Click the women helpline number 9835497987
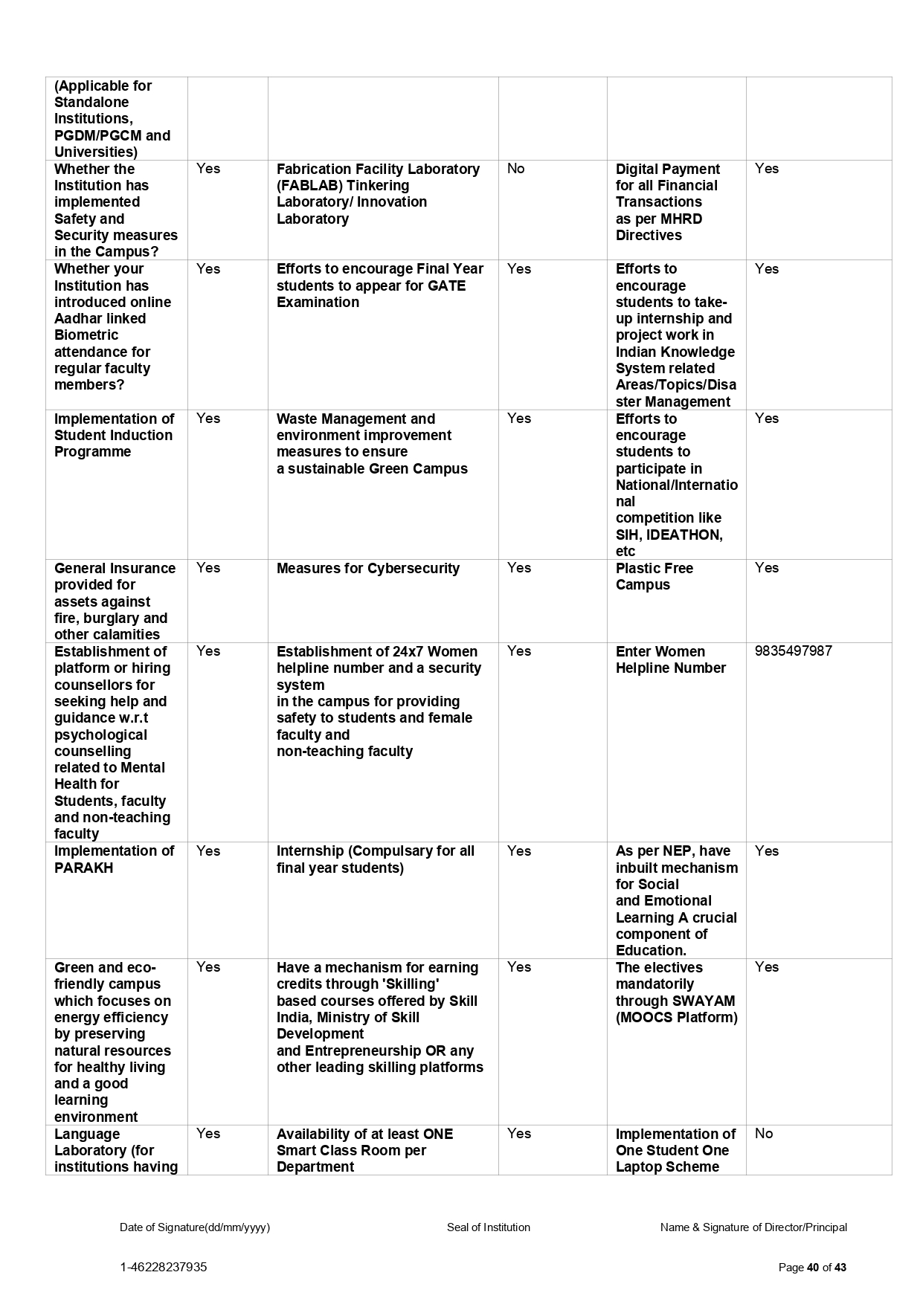(793, 651)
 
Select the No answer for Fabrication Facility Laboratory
(515, 169)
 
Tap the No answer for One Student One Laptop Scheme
(763, 1134)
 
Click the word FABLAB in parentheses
(311, 186)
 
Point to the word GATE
(446, 285)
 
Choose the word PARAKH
(83, 868)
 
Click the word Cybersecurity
(413, 569)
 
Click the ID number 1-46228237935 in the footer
(164, 1267)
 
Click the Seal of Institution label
(488, 1227)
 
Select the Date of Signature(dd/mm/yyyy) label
(195, 1227)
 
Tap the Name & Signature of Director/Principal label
(753, 1227)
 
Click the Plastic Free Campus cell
(654, 577)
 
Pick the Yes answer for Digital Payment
(766, 169)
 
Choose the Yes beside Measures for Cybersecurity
(518, 568)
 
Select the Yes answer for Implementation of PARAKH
(208, 851)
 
